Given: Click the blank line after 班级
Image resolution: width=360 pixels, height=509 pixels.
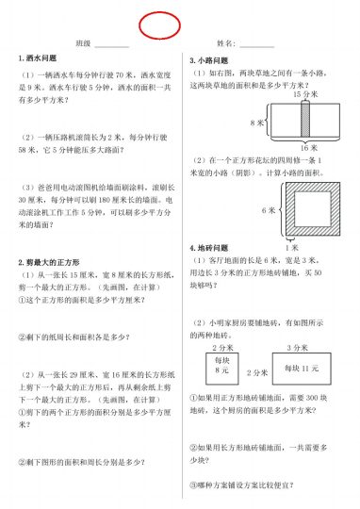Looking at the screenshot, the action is pos(111,45).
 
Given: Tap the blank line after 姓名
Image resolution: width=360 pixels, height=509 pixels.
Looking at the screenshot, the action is pos(256,45).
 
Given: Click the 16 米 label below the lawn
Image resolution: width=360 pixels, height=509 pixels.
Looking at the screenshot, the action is pos(304,148).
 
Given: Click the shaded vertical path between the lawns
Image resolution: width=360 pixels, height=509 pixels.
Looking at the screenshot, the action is pos(304,122).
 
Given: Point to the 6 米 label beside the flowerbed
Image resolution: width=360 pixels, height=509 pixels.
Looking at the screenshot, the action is pos(269,209).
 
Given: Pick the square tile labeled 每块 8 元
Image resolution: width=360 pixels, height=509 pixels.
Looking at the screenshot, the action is pos(222,366).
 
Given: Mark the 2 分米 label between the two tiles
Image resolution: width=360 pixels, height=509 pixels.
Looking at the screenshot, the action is pos(223,346).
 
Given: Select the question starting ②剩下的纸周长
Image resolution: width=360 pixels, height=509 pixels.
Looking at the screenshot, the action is pos(75,337).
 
